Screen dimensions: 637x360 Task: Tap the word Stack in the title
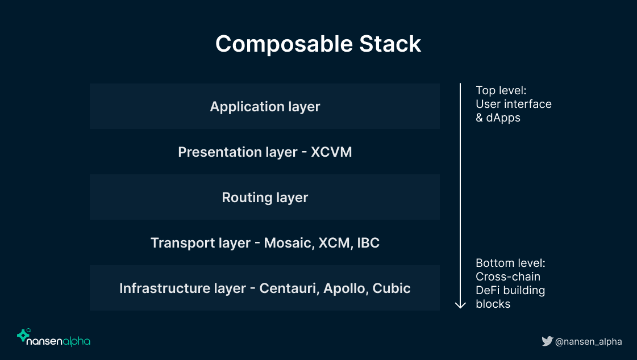tap(390, 44)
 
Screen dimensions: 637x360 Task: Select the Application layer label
tap(265, 107)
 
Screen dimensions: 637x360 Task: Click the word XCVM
tap(331, 152)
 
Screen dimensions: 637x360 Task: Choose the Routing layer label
tap(265, 198)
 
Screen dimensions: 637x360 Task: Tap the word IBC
tap(368, 243)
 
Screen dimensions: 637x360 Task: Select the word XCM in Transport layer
tap(335, 243)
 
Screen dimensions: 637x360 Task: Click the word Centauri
tap(289, 288)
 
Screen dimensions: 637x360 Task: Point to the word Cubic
tap(391, 288)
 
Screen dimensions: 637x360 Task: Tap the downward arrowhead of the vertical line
tap(460, 305)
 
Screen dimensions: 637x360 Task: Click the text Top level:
tap(501, 90)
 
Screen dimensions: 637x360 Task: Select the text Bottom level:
tap(510, 263)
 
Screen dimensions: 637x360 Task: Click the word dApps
tap(503, 118)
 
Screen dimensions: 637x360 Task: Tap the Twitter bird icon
tap(547, 341)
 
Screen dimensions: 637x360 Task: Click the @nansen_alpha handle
tap(588, 342)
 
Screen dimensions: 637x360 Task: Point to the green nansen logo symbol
tap(23, 335)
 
